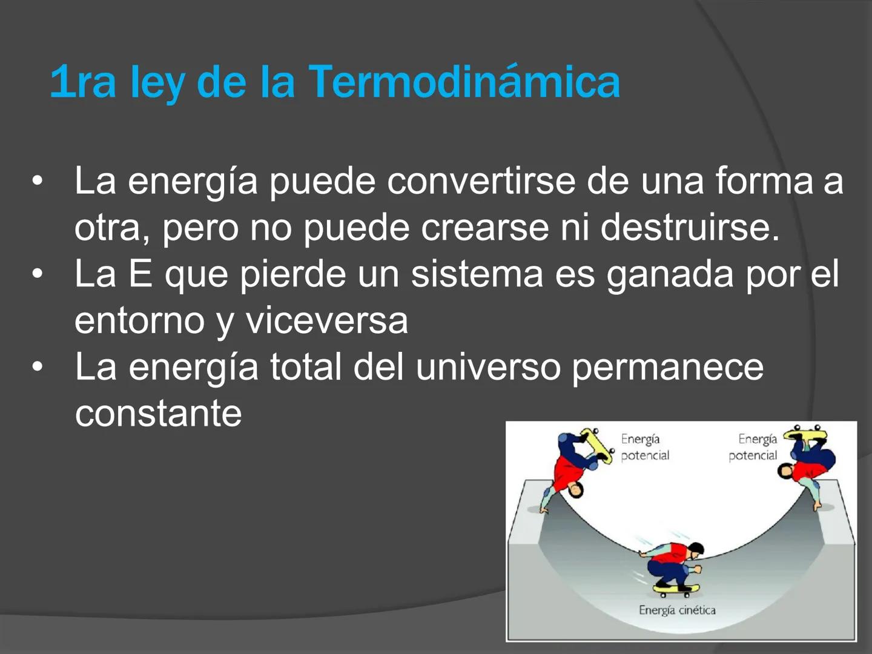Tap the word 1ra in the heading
[x=82, y=83]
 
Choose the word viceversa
[x=326, y=320]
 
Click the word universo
[x=488, y=367]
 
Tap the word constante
[x=158, y=414]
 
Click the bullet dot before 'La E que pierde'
[x=38, y=274]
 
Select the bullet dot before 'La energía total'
[x=38, y=367]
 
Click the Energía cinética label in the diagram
[x=677, y=610]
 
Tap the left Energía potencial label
[x=645, y=447]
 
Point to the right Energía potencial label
[x=753, y=447]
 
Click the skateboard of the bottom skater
[x=676, y=588]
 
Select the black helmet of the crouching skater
[x=696, y=549]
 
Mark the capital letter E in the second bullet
[x=140, y=274]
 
